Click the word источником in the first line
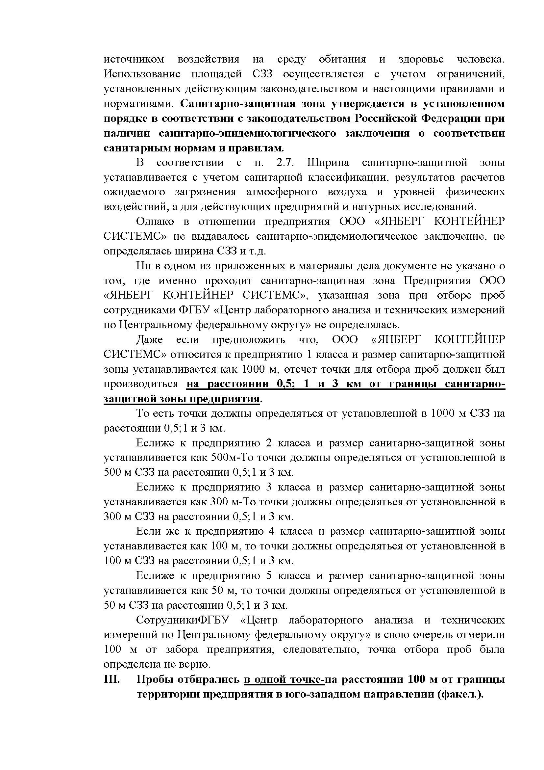point(134,60)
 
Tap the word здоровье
point(421,60)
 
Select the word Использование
point(142,74)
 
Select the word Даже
point(149,340)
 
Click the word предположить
point(249,340)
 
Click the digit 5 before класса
point(268,576)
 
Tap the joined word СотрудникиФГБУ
point(182,620)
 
